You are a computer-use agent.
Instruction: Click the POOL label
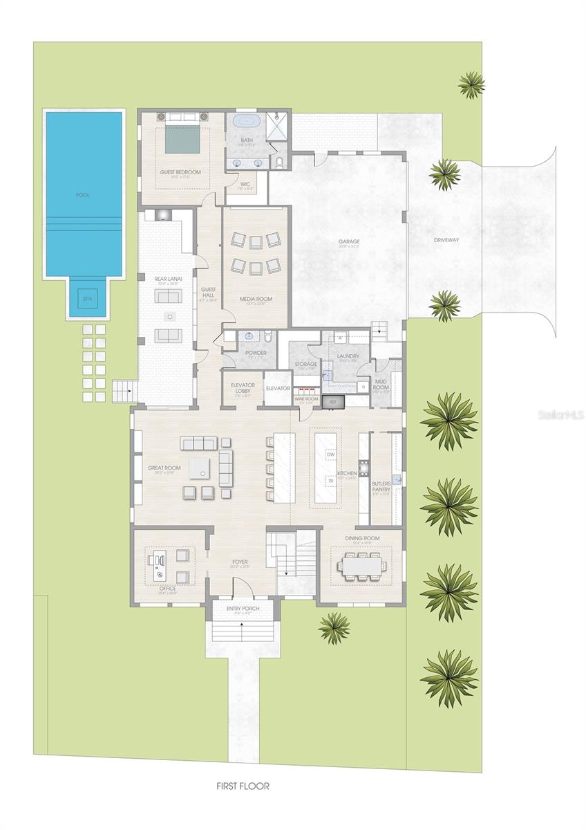(x=83, y=195)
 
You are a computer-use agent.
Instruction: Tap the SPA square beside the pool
(x=86, y=299)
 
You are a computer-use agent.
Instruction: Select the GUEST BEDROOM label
(x=180, y=172)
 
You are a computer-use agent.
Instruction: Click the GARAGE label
(x=349, y=242)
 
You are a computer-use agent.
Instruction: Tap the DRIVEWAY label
(x=446, y=240)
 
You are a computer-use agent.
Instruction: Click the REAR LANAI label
(x=167, y=279)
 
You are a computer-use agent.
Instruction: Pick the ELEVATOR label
(x=277, y=389)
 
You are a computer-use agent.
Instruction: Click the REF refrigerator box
(x=332, y=402)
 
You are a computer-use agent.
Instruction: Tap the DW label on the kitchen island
(x=330, y=454)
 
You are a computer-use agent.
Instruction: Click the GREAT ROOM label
(x=164, y=468)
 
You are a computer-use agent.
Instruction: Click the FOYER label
(x=240, y=562)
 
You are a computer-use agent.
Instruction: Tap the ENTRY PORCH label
(x=241, y=608)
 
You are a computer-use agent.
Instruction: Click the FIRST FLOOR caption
(x=242, y=786)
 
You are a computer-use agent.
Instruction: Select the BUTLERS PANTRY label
(x=381, y=486)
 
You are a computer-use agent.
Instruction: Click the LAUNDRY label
(x=348, y=356)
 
